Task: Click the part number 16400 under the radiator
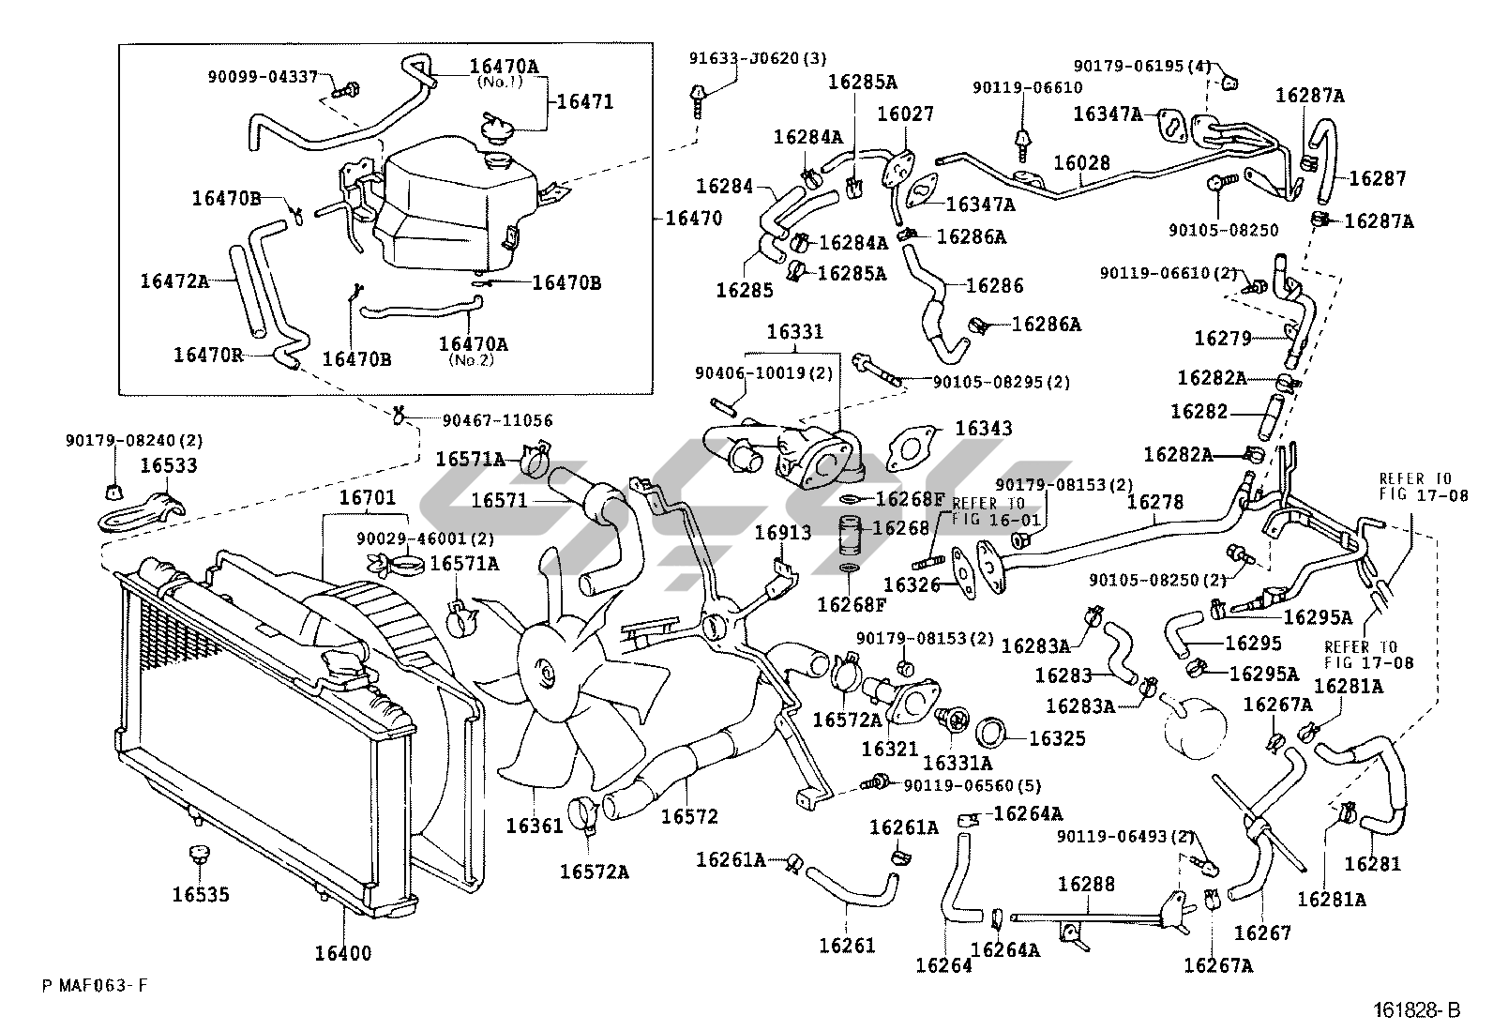[x=342, y=954]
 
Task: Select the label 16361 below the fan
[x=535, y=826]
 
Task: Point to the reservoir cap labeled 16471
[x=496, y=127]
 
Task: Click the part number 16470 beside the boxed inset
[x=694, y=218]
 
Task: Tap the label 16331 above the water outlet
[x=795, y=332]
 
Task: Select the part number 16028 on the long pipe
[x=1081, y=162]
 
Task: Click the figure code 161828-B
[x=1417, y=1010]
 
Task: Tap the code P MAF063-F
[x=94, y=986]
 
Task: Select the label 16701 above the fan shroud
[x=368, y=497]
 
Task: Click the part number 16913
[x=783, y=533]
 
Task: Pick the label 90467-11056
[x=497, y=420]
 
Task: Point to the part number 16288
[x=1086, y=885]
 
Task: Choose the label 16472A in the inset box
[x=173, y=281]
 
